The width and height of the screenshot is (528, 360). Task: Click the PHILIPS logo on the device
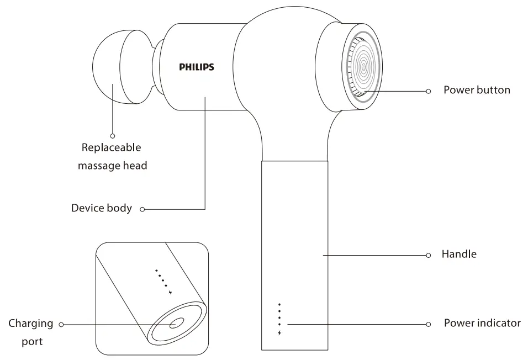tap(196, 67)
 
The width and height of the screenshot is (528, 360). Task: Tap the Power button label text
tap(477, 89)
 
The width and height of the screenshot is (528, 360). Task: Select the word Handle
tap(459, 255)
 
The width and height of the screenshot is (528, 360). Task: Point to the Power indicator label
tap(482, 323)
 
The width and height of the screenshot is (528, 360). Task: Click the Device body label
tap(102, 208)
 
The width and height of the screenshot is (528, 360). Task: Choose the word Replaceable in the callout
tap(111, 147)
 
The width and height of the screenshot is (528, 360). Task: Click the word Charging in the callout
tap(31, 323)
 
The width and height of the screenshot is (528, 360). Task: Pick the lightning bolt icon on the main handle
tap(280, 333)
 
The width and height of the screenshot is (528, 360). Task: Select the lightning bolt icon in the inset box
tap(171, 293)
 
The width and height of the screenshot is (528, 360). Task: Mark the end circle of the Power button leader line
tap(429, 91)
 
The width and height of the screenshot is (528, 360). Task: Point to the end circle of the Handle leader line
tap(429, 255)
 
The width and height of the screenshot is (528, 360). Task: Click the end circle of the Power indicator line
tap(429, 324)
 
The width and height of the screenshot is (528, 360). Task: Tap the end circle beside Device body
tap(142, 209)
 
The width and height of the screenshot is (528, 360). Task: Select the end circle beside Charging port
tap(61, 324)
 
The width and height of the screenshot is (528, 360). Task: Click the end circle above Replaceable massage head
tap(113, 135)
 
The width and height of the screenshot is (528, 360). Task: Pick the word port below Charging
tap(32, 342)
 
